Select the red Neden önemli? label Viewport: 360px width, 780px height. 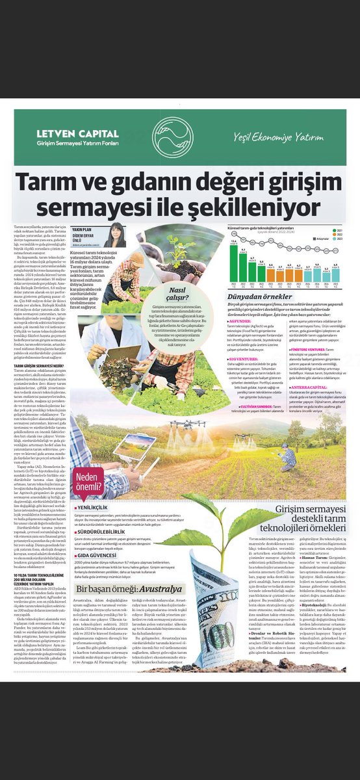pos(91,480)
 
